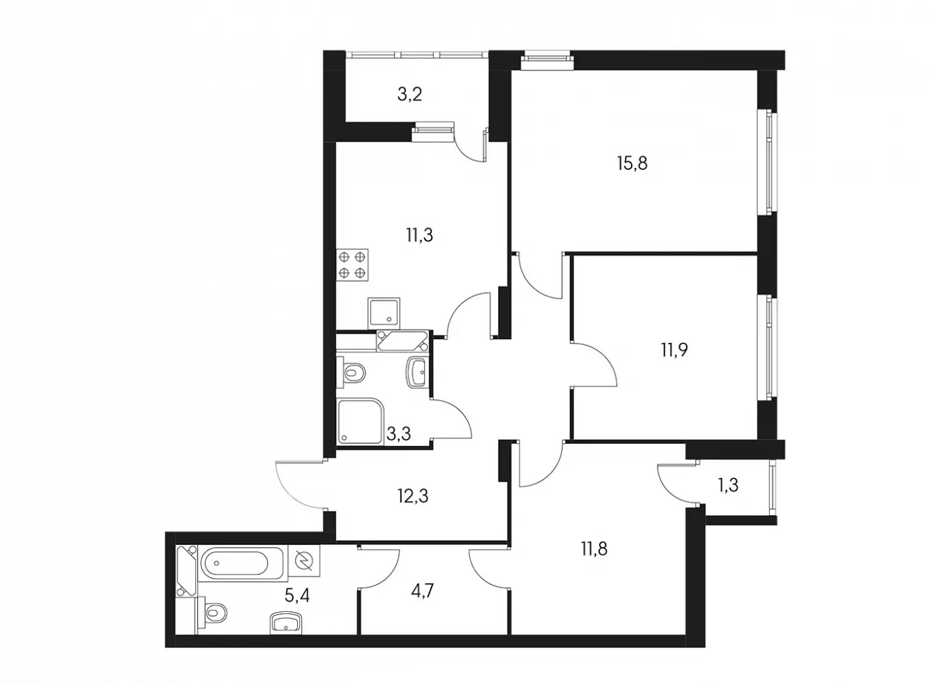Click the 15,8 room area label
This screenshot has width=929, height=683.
click(x=632, y=164)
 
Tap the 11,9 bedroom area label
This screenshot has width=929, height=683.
click(x=674, y=350)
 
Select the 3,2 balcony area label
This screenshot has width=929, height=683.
click(x=409, y=95)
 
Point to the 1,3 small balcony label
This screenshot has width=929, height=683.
click(x=728, y=484)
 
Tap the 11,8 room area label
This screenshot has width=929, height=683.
click(x=594, y=550)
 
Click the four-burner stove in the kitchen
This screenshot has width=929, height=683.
click(x=352, y=266)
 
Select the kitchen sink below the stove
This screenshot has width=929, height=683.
click(x=384, y=314)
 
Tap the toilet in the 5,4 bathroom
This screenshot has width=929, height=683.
click(x=213, y=613)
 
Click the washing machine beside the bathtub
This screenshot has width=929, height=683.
click(x=304, y=561)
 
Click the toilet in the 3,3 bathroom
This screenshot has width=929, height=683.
click(x=352, y=371)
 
